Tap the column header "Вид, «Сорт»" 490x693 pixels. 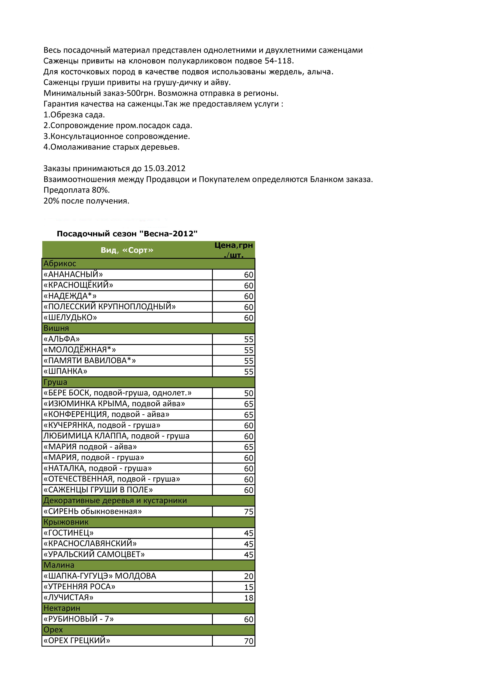pos(127,250)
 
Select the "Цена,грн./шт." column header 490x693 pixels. pos(234,250)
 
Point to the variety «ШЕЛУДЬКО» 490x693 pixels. pos(70,318)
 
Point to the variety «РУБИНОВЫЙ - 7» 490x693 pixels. pos(79,619)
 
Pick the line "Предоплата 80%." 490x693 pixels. pos(77,190)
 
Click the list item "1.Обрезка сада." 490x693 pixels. pos(74,115)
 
